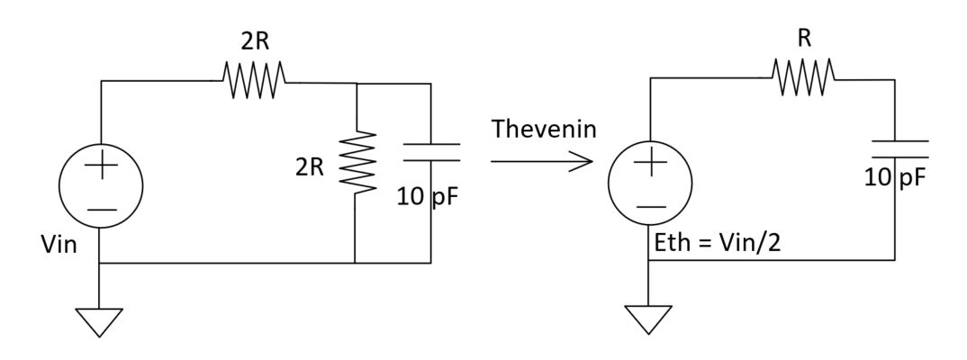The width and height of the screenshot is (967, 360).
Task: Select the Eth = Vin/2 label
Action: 718,239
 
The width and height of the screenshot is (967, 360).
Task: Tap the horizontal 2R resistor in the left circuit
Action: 255,81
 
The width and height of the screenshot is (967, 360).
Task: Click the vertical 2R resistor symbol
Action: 357,162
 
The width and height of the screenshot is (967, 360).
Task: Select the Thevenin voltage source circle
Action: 651,184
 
